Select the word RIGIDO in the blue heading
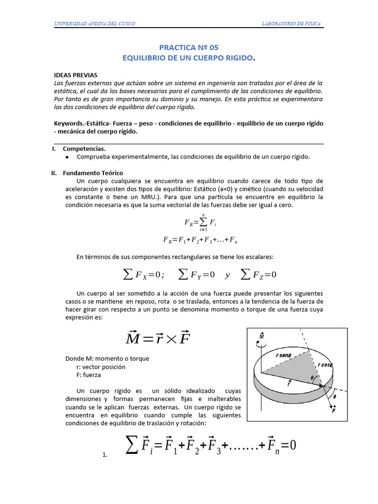tap(238, 59)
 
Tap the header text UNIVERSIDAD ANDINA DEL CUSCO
tap(94, 24)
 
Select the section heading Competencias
tap(84, 148)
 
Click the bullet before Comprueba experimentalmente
tap(67, 157)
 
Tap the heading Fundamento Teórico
tap(93, 173)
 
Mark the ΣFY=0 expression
tap(196, 274)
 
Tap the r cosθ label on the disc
tap(325, 365)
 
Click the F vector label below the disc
tap(334, 409)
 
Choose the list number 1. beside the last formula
tap(105, 455)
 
